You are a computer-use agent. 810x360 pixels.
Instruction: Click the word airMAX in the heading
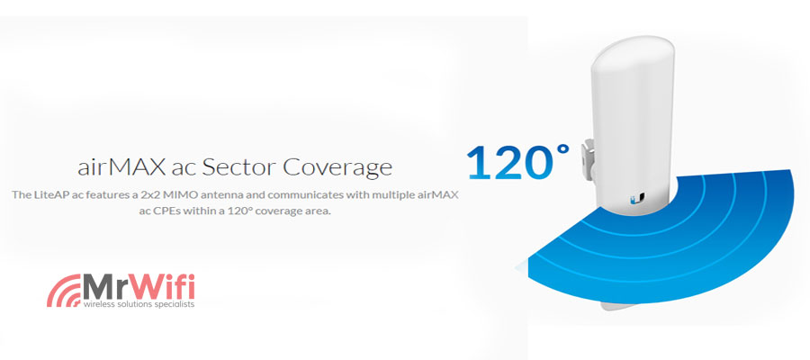click(122, 166)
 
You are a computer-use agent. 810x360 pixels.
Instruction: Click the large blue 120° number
click(518, 162)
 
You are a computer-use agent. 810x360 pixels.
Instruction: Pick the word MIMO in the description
click(176, 194)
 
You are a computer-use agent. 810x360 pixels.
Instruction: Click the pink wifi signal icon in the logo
click(63, 291)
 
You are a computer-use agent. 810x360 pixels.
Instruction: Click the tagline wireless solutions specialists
click(139, 304)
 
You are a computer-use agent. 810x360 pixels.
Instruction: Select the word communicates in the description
click(292, 194)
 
